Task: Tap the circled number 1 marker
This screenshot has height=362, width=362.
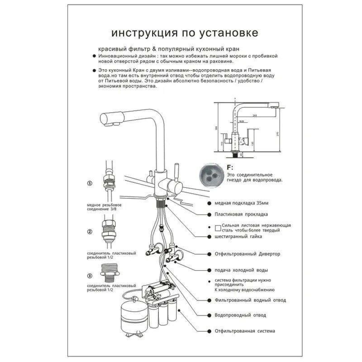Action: (x=90, y=184)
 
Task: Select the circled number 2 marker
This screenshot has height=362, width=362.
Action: (x=90, y=232)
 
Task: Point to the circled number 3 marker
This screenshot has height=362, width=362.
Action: (x=90, y=276)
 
